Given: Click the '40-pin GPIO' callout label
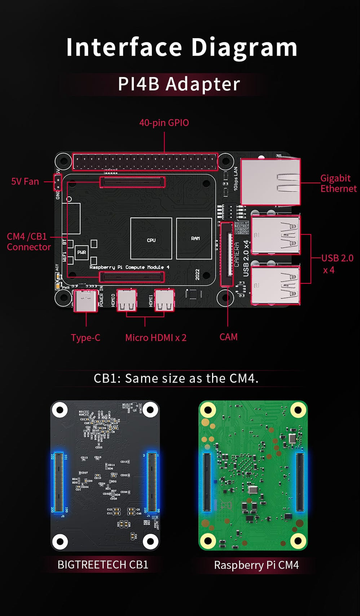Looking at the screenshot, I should [x=164, y=123].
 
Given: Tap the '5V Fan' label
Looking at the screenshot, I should [x=25, y=181].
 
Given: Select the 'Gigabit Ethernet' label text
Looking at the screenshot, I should [x=338, y=183].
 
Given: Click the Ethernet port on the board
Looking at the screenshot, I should [x=271, y=182].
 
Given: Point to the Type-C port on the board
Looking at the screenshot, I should [x=85, y=300].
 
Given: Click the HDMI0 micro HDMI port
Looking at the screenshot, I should [x=127, y=300].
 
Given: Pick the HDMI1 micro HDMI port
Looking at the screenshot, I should [x=164, y=300].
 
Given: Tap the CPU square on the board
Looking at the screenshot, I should [x=151, y=239].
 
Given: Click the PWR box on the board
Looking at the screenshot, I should [x=82, y=252].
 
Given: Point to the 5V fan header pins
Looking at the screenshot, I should [x=57, y=182].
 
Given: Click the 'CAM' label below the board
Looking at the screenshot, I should [x=228, y=337].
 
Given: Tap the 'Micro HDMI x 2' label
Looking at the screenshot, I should [x=155, y=338].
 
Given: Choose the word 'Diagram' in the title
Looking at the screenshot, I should [x=244, y=47].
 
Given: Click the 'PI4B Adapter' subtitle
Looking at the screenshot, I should [x=179, y=84].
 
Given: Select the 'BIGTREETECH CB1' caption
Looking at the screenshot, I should [x=103, y=564].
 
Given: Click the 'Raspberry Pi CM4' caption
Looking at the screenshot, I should [x=256, y=565].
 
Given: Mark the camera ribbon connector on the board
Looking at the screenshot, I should [x=227, y=254].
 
